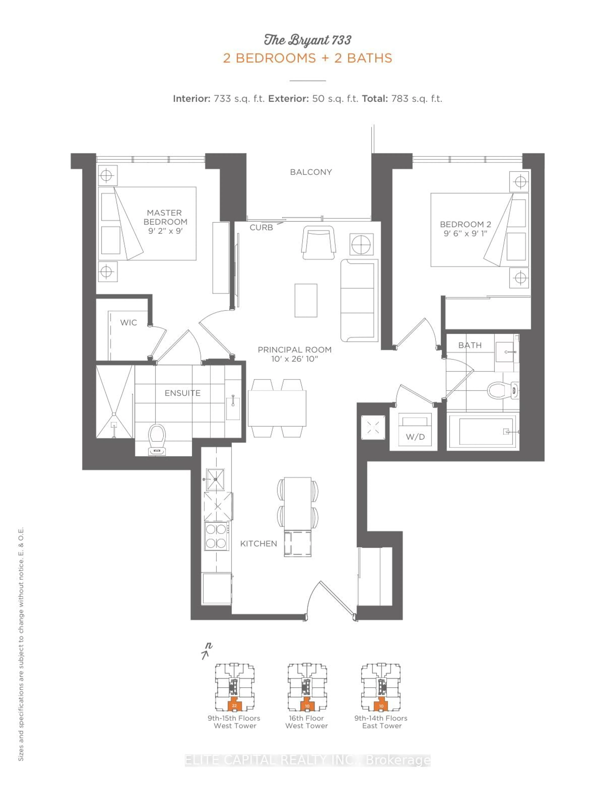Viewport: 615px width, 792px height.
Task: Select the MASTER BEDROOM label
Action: point(165,217)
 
